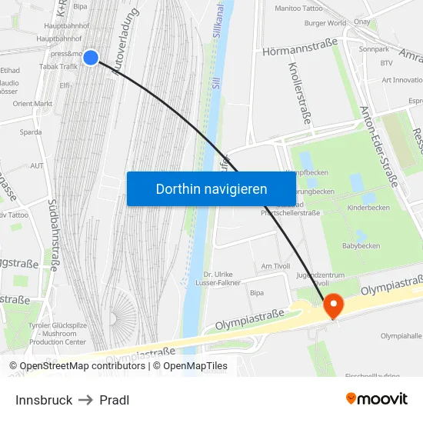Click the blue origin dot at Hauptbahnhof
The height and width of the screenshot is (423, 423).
91,57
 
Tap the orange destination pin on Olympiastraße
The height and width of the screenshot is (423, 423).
333,305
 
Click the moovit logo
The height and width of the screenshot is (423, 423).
377,399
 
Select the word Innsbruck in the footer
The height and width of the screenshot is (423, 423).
44,400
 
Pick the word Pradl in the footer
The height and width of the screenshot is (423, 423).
114,400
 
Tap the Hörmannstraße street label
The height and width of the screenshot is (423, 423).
300,52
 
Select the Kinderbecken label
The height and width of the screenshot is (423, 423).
368,208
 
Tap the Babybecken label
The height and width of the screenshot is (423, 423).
361,246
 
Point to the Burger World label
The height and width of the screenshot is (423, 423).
325,24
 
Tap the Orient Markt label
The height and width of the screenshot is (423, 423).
32,104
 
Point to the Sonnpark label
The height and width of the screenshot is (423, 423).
374,48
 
